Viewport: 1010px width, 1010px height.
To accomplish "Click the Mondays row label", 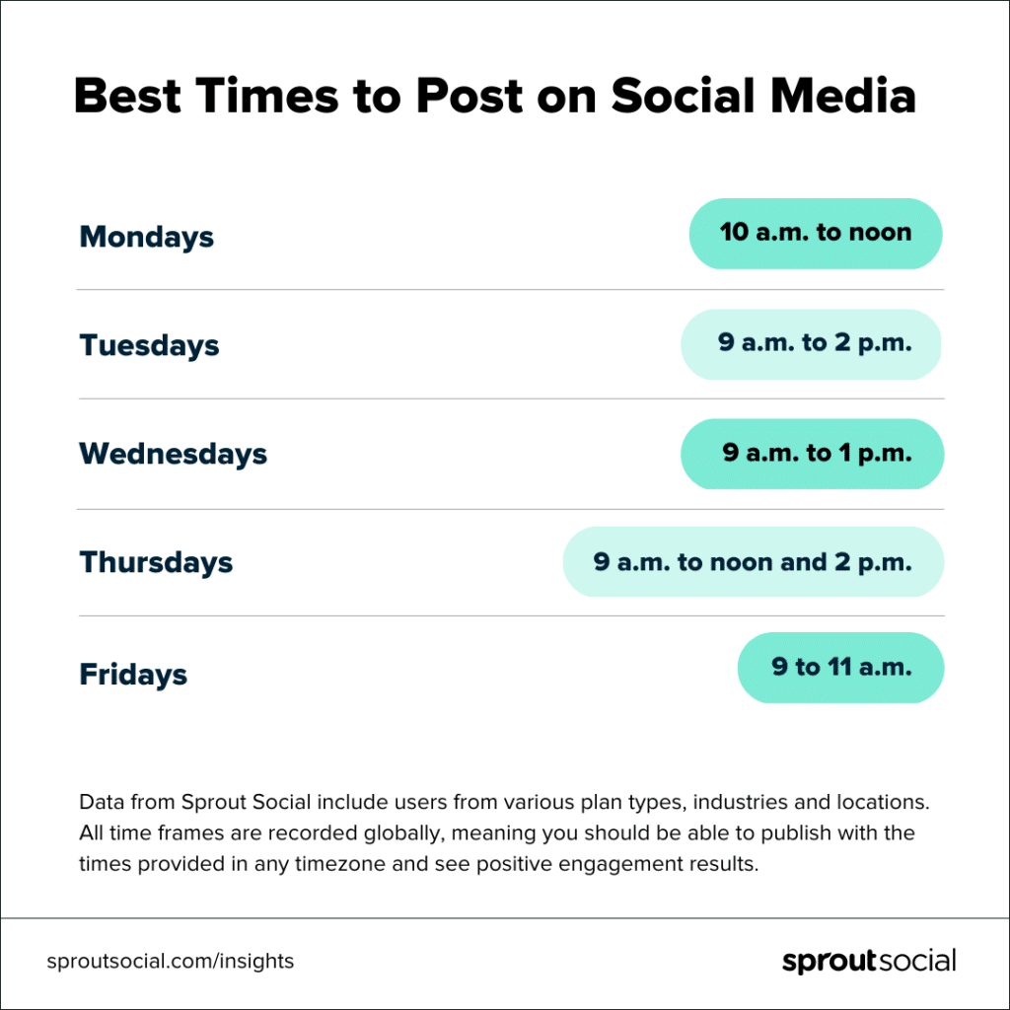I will click(146, 237).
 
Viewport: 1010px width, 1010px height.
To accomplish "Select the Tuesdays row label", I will click(149, 345).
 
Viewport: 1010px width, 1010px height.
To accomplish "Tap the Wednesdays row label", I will click(173, 454).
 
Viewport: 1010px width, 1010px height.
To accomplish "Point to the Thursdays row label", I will click(156, 562).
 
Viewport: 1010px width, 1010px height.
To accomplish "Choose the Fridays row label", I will click(133, 675).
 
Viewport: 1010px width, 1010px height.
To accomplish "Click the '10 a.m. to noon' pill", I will click(816, 234).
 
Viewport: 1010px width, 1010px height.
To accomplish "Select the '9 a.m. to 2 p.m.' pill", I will click(812, 344).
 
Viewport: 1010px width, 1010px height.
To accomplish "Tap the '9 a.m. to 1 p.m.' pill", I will click(813, 454).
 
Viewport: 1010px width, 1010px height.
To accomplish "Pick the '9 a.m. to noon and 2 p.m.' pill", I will click(754, 562).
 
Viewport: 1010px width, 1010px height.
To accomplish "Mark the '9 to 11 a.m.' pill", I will click(841, 668).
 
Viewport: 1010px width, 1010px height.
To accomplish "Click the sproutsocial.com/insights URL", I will click(170, 961).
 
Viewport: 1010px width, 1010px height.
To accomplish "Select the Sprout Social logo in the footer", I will click(869, 961).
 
